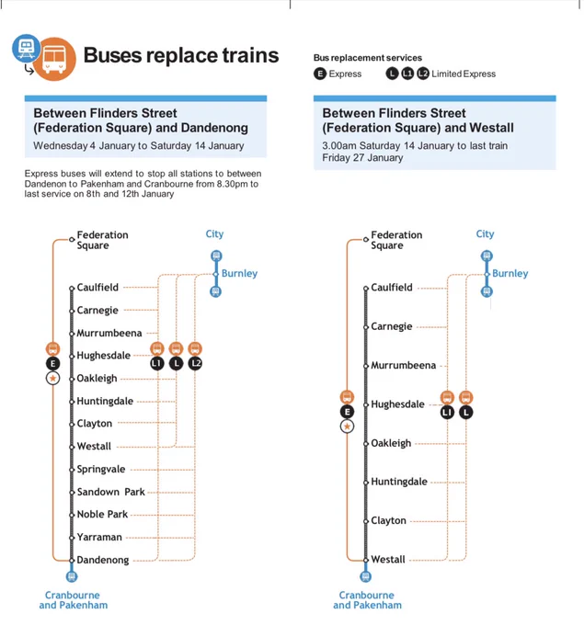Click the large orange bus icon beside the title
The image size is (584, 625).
[x=54, y=60]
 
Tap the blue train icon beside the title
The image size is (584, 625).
[x=26, y=48]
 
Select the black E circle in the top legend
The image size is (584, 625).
[x=320, y=74]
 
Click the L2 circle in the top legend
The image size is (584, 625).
[x=423, y=74]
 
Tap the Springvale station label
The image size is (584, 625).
[x=101, y=469]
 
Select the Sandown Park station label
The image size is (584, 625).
[x=111, y=492]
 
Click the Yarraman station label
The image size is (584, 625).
[x=99, y=538]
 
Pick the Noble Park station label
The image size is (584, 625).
[x=102, y=514]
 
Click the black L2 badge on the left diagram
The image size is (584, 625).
[x=195, y=364]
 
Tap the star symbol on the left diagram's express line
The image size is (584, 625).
[x=52, y=379]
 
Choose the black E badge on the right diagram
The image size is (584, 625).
[x=347, y=412]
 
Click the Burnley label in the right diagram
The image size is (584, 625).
[x=510, y=274]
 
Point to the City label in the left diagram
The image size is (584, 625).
[x=214, y=234]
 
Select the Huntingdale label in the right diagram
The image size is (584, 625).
[x=399, y=482]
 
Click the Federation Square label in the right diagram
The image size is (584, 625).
[x=396, y=240]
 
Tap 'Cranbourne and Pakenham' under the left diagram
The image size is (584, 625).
[x=74, y=600]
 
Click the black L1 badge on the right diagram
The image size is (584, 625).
[x=447, y=412]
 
